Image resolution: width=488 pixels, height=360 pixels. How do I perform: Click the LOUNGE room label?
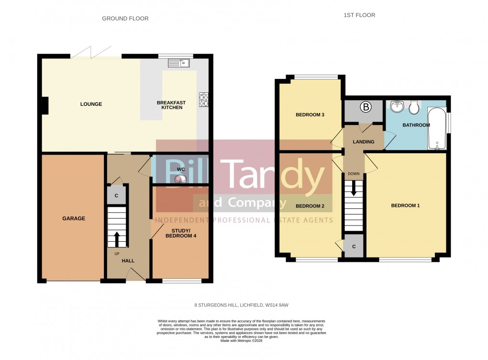(91, 104)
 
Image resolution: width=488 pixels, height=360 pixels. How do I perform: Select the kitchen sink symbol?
(179, 62)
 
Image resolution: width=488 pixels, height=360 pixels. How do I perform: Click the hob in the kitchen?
(203, 99)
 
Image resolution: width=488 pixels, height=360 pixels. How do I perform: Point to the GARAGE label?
(73, 218)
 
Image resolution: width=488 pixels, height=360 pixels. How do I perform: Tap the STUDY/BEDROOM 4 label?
(180, 233)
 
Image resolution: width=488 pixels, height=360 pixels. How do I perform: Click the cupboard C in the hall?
(116, 195)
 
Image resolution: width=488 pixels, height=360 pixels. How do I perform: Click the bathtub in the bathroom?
(436, 128)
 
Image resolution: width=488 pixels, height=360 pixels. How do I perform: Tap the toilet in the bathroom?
(414, 107)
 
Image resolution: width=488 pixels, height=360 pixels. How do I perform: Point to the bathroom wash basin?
(397, 106)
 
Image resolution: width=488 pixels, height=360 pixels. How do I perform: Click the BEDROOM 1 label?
(405, 206)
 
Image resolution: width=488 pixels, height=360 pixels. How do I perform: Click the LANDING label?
(364, 142)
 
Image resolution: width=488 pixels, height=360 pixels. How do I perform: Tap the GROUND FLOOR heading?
(125, 19)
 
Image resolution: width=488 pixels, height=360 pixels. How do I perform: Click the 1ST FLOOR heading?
(359, 15)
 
